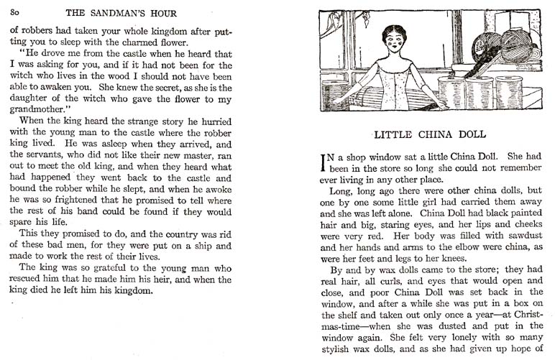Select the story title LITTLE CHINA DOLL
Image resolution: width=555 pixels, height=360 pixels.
coord(431,134)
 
